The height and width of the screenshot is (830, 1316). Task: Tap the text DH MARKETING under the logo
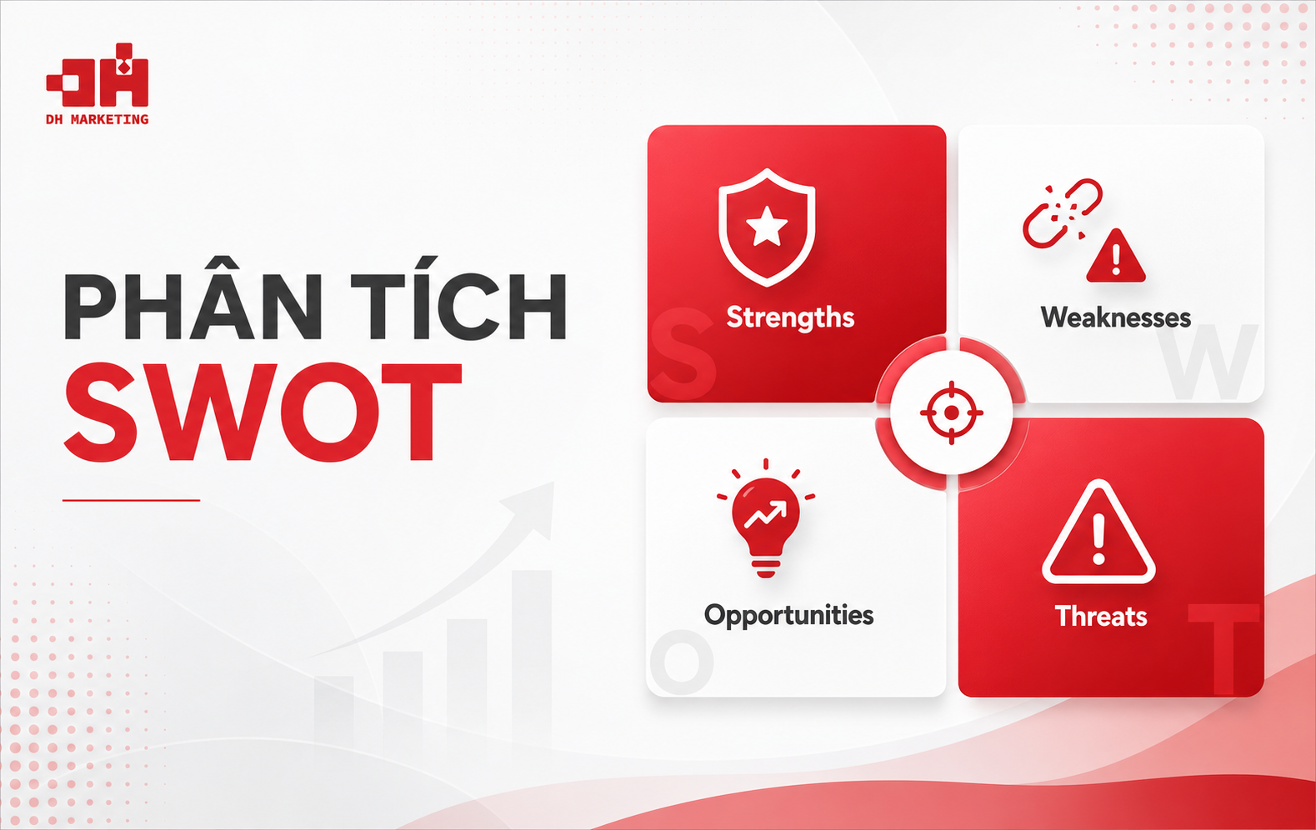98,119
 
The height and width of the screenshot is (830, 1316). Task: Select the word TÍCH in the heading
459,299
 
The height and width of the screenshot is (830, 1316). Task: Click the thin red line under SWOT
131,501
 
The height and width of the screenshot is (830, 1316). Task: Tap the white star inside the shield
767,227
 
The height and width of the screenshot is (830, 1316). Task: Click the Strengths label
790,317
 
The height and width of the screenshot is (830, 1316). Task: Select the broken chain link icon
1062,212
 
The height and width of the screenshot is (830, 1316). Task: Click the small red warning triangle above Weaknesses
1116,257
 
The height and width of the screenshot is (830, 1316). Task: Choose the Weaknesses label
1116,317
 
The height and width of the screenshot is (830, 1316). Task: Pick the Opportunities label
789,616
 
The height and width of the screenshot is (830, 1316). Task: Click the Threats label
1101,616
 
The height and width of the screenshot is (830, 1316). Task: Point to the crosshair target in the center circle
952,413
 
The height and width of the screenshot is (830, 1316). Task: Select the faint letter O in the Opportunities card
682,662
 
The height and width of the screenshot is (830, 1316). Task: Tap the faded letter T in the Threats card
1223,649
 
